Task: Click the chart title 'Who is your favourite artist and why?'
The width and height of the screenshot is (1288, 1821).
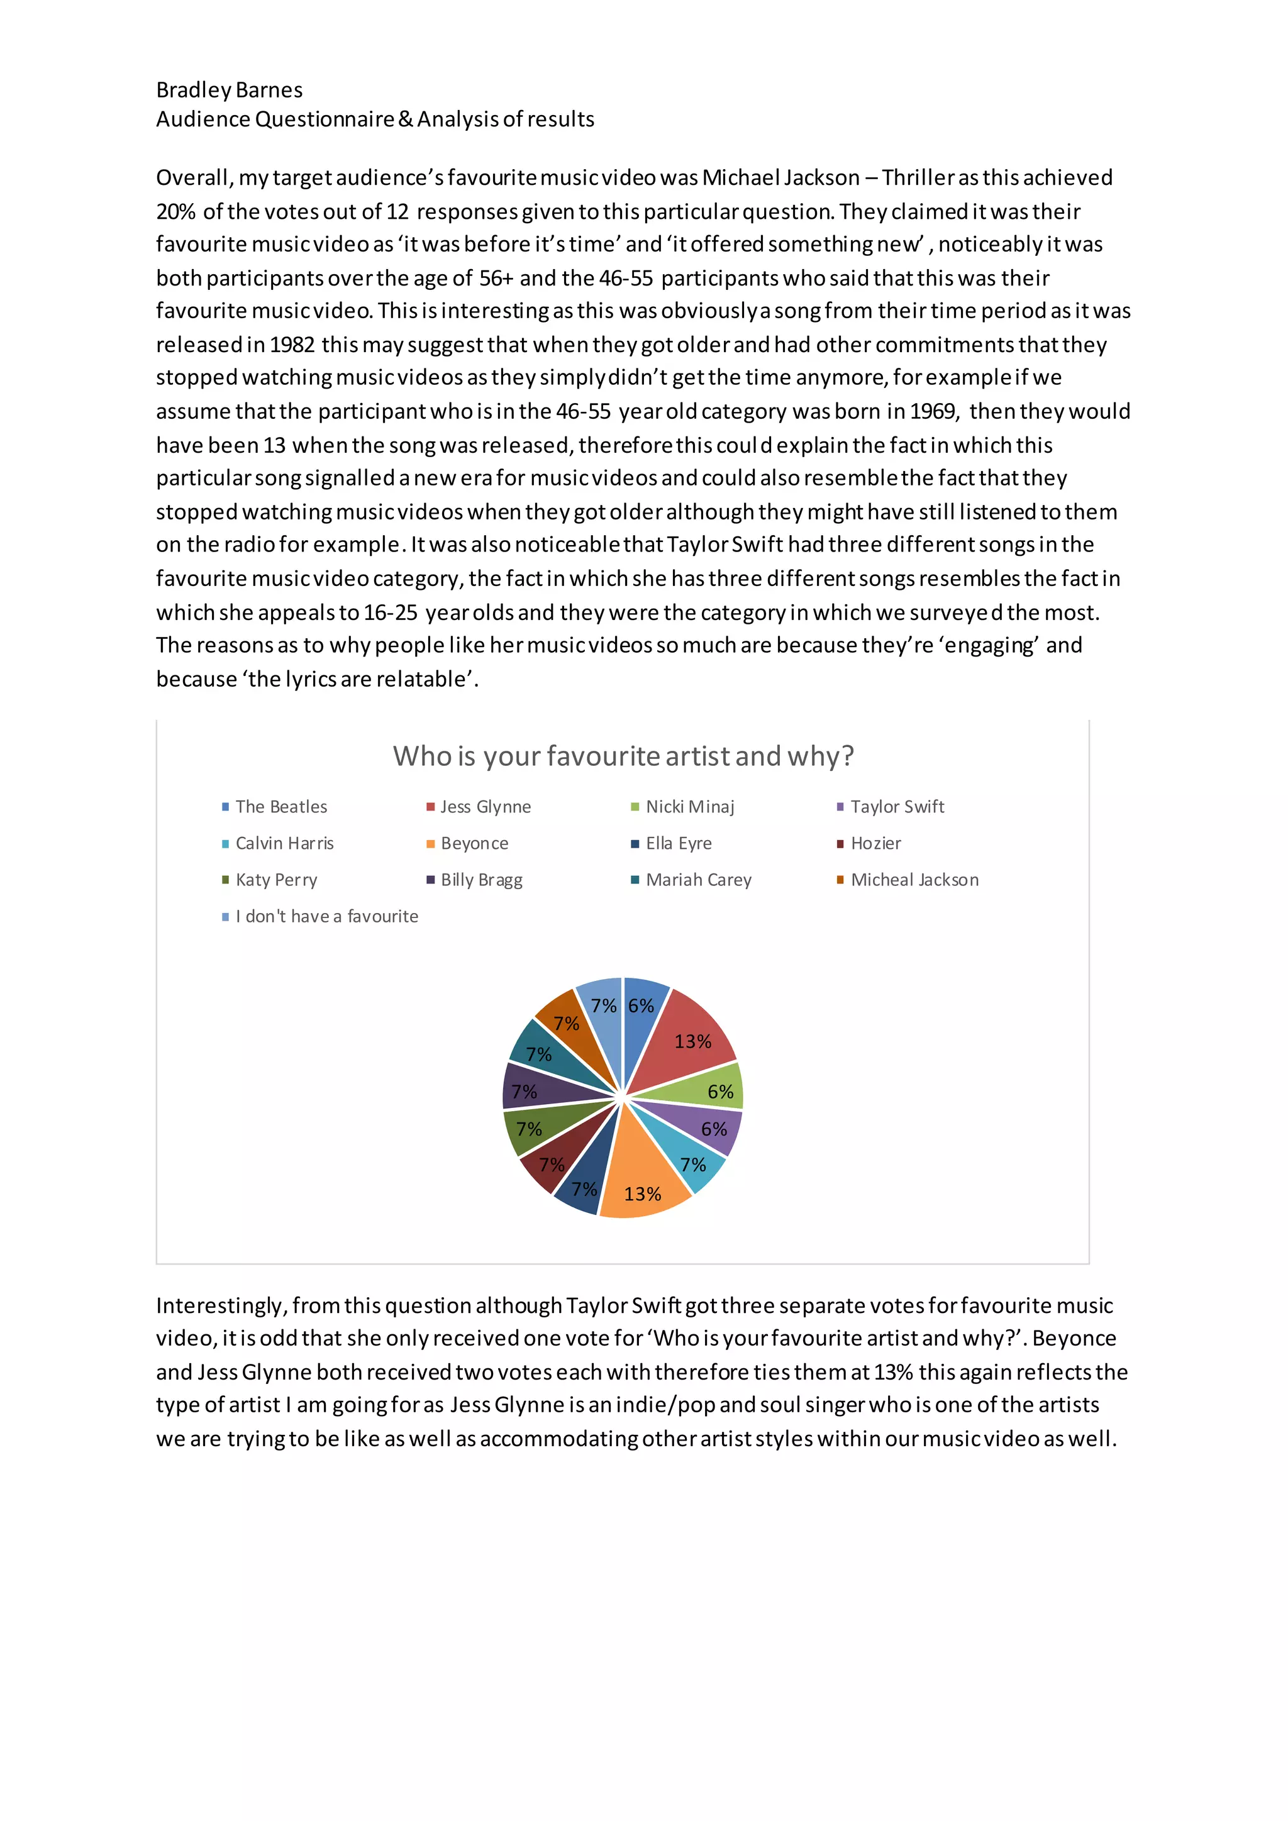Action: (623, 756)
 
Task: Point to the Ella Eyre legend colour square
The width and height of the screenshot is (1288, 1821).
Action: (635, 844)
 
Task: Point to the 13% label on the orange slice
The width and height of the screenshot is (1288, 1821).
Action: (642, 1193)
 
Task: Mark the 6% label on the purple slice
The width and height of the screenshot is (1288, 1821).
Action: (714, 1129)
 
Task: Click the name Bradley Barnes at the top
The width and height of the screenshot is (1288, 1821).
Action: (229, 90)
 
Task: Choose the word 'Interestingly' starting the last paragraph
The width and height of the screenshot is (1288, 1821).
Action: (221, 1305)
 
